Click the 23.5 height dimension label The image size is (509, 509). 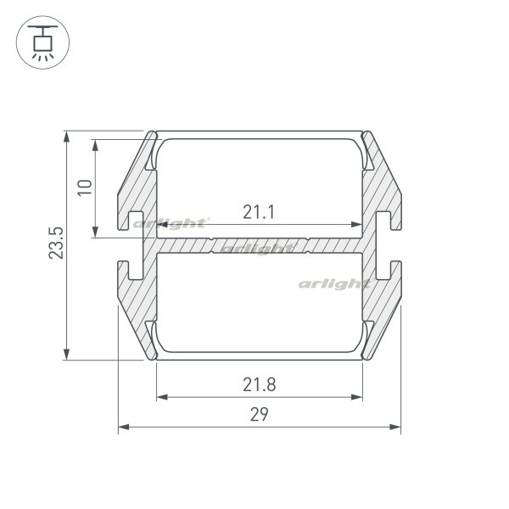coord(56,243)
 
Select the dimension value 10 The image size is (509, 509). coord(85,187)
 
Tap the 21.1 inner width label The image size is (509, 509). coord(259,212)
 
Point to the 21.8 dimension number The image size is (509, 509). coord(260,384)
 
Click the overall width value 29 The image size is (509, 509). coord(259,415)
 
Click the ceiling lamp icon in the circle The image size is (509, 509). coord(42,43)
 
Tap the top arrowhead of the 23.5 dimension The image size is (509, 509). coord(66,137)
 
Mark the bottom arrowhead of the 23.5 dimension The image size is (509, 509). coord(66,354)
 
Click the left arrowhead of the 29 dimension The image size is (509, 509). coord(124,427)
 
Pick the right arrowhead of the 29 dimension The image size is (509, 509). coord(395,427)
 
